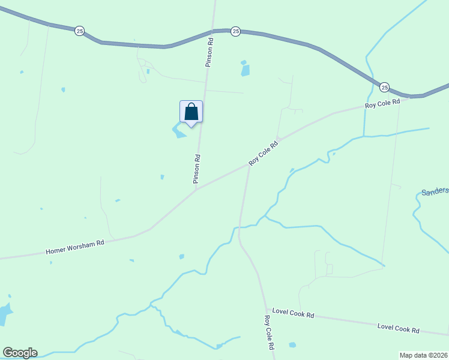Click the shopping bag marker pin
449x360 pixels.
point(191,112)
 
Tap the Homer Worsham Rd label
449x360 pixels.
point(75,247)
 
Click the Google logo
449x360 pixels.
point(20,353)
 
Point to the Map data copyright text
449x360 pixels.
point(424,355)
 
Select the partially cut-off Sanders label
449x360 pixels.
point(435,191)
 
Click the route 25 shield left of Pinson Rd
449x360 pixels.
point(79,31)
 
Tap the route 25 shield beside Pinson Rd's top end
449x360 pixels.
point(235,31)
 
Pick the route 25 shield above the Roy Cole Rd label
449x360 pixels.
point(384,88)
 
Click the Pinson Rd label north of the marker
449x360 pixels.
point(211,52)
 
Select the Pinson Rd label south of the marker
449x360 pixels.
point(196,169)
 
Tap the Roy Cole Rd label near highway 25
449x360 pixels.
point(382,104)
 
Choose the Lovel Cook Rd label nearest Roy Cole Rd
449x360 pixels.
point(293,313)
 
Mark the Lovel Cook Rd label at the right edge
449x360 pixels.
point(399,329)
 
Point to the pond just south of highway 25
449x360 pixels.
point(244,70)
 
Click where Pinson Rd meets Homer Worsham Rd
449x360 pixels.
point(196,189)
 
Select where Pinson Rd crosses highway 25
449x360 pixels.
point(212,31)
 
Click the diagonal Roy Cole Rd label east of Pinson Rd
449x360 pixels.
point(264,154)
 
